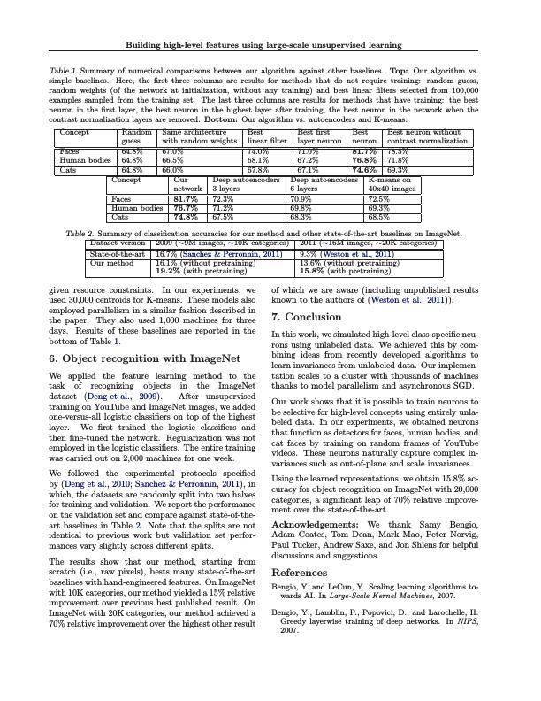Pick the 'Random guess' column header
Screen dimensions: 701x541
tap(131, 136)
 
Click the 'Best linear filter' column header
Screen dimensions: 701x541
tap(267, 136)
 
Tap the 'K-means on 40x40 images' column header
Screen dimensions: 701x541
tap(391, 184)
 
